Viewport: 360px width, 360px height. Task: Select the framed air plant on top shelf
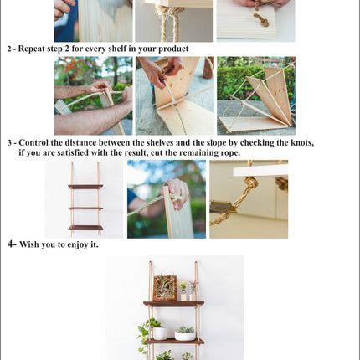point(165,288)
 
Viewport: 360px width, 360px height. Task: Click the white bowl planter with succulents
point(185,334)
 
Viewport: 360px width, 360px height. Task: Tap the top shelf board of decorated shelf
point(173,304)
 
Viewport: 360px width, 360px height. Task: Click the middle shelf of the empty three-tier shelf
point(85,208)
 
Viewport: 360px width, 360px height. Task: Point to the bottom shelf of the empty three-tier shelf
point(85,228)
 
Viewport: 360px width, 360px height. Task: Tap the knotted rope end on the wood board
point(261,19)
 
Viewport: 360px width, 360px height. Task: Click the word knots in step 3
point(302,143)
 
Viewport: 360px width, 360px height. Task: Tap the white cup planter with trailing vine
point(160,333)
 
